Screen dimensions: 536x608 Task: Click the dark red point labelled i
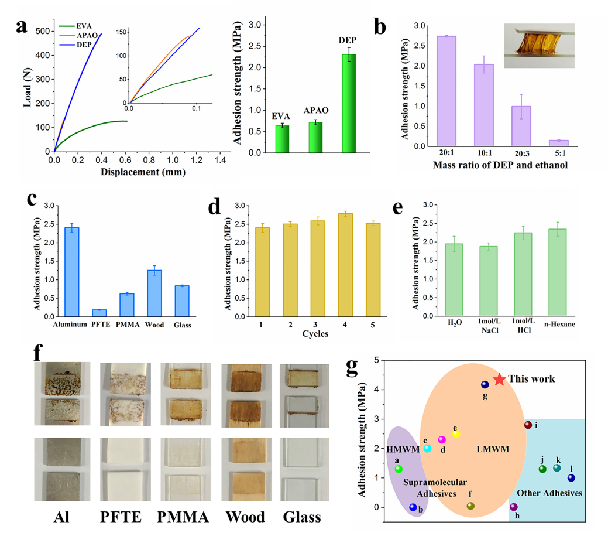(x=528, y=425)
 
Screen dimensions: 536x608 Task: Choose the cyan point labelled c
(x=428, y=448)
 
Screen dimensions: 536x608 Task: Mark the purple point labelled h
(x=514, y=507)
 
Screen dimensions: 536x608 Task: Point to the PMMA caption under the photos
(x=181, y=517)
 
